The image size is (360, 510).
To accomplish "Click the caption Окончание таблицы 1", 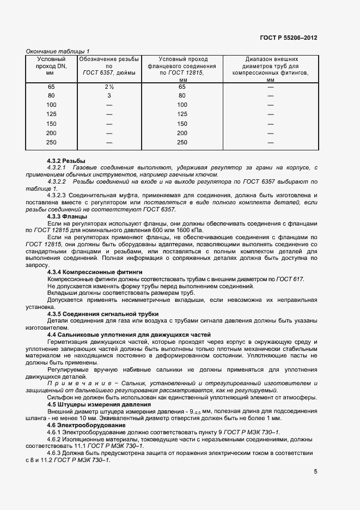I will (58, 51).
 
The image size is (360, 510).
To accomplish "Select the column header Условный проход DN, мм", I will (51, 65).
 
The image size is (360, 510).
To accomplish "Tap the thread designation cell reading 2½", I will (109, 87).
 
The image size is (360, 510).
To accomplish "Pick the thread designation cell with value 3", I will (109, 96).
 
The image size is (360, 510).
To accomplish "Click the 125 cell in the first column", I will (51, 114).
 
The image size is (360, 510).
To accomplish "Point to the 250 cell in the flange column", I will (182, 143).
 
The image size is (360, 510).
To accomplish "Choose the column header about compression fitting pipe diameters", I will (270, 69).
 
